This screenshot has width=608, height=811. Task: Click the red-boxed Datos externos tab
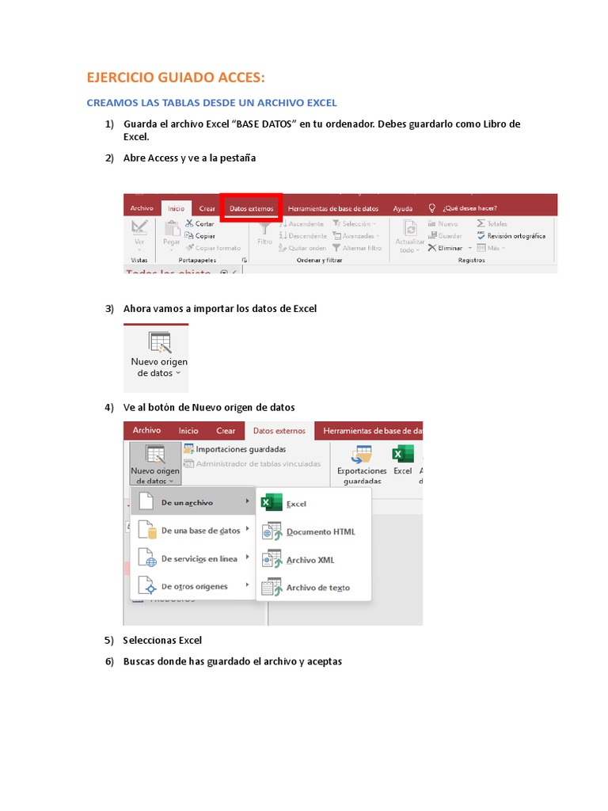point(251,208)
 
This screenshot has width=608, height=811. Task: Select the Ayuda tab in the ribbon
point(403,208)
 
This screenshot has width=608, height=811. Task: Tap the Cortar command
point(203,224)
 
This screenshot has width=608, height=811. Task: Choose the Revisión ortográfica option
point(515,236)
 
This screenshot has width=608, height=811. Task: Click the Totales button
point(496,224)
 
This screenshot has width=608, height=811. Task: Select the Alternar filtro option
point(361,248)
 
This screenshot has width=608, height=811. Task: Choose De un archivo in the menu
point(187,503)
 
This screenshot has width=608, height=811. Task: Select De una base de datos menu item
point(200,531)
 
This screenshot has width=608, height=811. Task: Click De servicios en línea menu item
point(199,558)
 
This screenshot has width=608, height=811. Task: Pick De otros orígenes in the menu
point(194,587)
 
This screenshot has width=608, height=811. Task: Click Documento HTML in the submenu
point(320,532)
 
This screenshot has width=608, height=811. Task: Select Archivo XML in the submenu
point(310,560)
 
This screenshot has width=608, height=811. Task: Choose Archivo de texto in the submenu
point(317,588)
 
